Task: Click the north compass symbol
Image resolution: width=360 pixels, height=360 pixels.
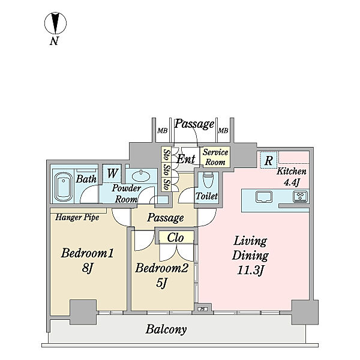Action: click(x=55, y=23)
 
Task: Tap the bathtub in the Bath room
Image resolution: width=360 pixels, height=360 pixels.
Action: click(x=64, y=187)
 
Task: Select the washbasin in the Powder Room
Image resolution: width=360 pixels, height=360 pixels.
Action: click(x=141, y=176)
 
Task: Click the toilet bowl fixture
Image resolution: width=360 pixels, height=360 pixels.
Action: click(x=208, y=181)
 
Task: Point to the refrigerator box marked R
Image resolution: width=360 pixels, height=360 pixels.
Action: click(x=268, y=160)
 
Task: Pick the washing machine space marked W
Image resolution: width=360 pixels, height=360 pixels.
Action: click(x=112, y=173)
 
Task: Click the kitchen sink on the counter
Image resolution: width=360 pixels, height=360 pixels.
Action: click(x=264, y=197)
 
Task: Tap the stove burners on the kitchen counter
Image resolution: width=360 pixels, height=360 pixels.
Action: click(x=300, y=197)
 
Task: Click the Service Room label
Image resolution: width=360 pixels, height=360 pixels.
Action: click(x=215, y=157)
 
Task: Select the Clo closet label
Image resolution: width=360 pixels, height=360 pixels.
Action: click(x=175, y=238)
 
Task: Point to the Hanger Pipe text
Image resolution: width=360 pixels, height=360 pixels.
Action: click(x=77, y=217)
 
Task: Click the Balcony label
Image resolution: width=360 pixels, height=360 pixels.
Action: click(x=166, y=329)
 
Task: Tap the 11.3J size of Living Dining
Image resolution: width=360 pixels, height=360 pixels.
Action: click(x=250, y=271)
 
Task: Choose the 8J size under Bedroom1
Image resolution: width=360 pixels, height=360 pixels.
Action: click(x=87, y=268)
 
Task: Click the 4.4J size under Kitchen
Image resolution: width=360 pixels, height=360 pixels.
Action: click(x=292, y=182)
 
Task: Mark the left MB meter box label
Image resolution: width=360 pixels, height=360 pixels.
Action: click(x=163, y=131)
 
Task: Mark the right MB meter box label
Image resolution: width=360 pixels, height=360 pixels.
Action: click(x=223, y=131)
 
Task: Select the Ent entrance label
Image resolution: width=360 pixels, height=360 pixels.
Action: click(x=186, y=159)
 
